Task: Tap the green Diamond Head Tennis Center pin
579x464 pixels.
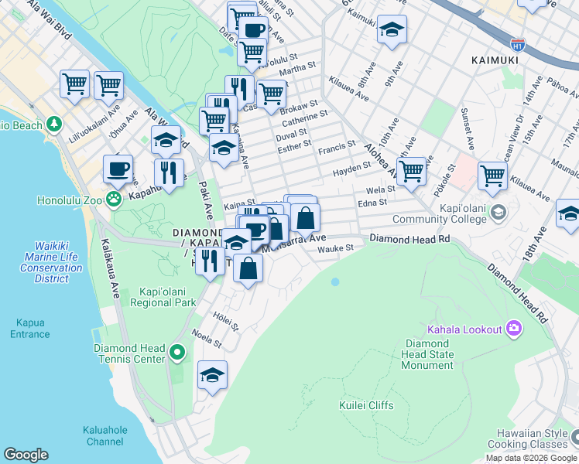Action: [x=177, y=353]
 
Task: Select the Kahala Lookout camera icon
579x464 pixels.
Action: [x=513, y=329]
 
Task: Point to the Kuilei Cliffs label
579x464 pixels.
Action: [x=366, y=405]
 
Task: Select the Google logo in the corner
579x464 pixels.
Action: [x=26, y=455]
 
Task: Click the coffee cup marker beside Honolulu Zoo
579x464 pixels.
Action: [x=118, y=168]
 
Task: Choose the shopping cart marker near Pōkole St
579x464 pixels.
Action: [x=492, y=176]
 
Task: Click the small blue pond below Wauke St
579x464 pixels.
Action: [x=334, y=282]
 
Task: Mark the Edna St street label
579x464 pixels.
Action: [x=372, y=203]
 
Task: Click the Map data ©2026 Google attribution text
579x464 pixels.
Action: [x=531, y=458]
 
